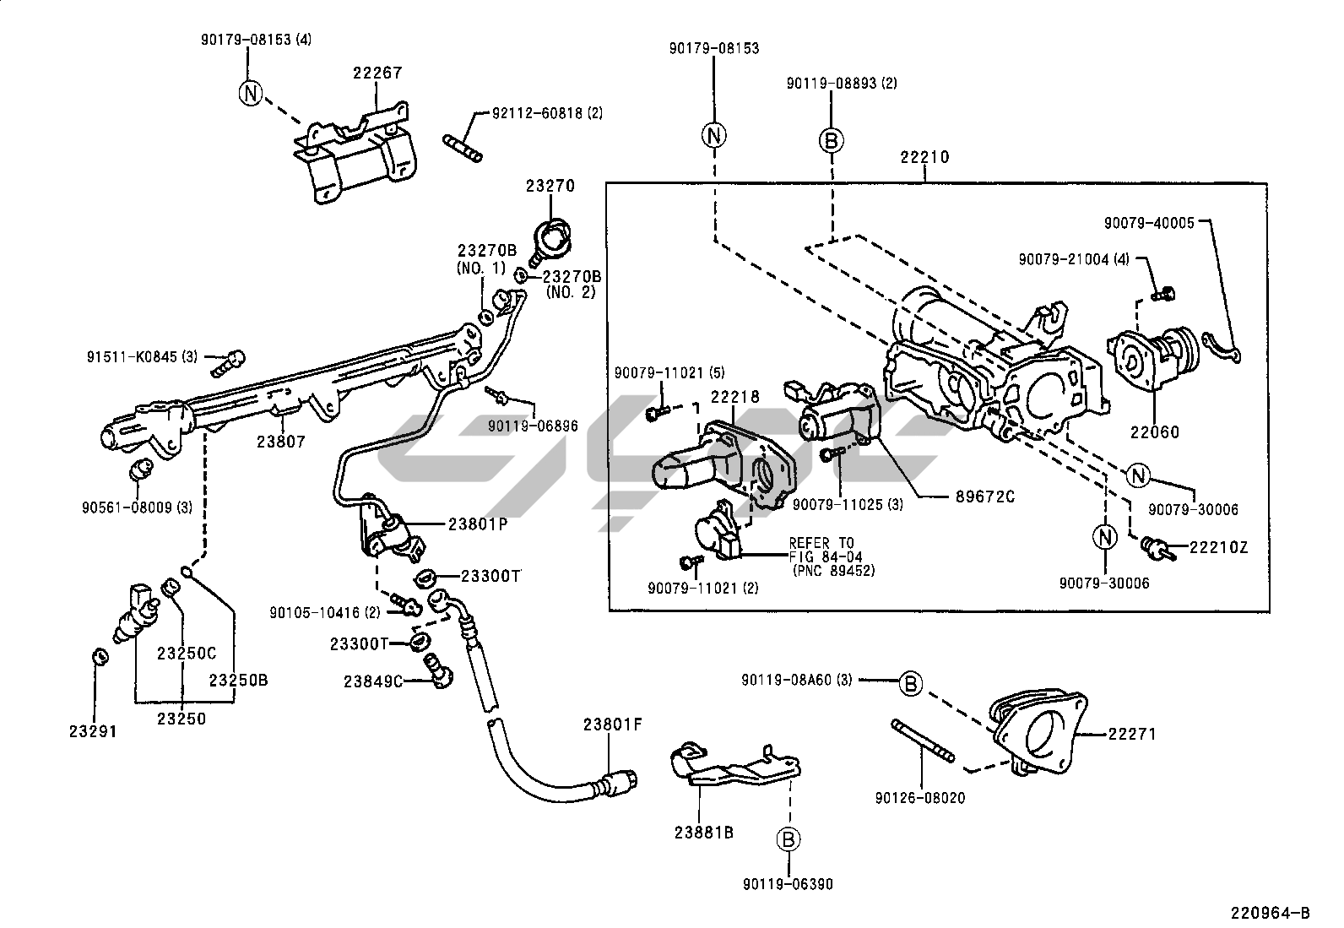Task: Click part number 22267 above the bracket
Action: [377, 74]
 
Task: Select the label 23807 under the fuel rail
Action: [281, 441]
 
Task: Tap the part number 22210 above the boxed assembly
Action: [924, 157]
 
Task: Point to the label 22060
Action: [1156, 432]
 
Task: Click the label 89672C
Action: [984, 497]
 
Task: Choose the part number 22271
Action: [1132, 735]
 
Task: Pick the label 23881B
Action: [703, 832]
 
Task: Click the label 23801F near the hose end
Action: [613, 724]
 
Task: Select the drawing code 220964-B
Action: [1270, 913]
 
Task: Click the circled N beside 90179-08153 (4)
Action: [251, 93]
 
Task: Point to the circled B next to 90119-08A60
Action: [910, 684]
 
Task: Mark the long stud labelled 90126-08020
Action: [923, 741]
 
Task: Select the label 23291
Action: [93, 731]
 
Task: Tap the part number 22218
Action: [734, 396]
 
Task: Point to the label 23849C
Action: [373, 681]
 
